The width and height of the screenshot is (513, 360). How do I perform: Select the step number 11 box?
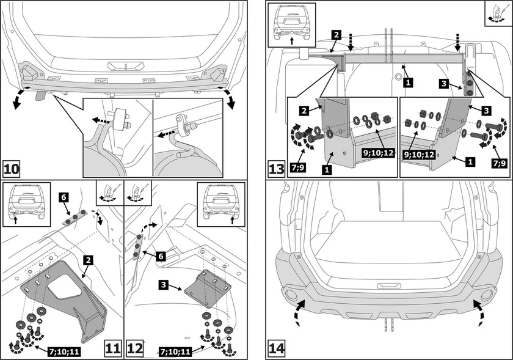[113, 348]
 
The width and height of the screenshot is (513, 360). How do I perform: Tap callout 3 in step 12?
[165, 285]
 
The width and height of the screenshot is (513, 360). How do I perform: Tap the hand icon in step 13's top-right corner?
[496, 13]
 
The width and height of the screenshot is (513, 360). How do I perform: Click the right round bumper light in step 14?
[486, 295]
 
